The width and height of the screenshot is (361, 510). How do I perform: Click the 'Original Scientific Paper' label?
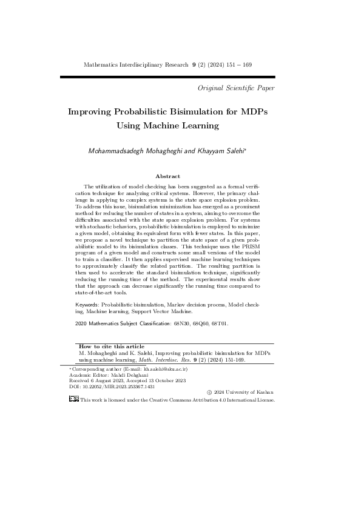237,88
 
